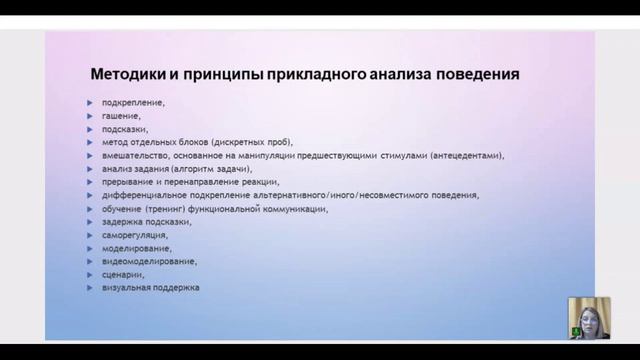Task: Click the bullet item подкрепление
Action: [133, 103]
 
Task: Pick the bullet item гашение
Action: [121, 116]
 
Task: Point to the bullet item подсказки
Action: [125, 129]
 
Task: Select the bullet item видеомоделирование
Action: [148, 261]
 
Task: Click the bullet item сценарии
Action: [123, 274]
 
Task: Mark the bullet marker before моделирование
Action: [91, 248]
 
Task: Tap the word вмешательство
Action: [134, 156]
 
